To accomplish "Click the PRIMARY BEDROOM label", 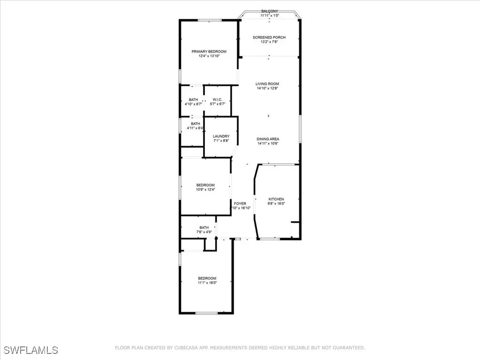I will point(209,52).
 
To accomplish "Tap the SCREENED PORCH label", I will point(269,37).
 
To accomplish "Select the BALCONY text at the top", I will point(270,11).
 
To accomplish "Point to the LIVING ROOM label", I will point(267,84).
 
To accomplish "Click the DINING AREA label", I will point(268,139).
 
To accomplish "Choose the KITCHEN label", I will point(276,199).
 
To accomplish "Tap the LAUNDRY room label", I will point(221,136).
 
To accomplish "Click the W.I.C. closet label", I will point(217,99).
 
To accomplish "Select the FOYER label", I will point(240,203).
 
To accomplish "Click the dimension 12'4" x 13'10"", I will point(209,56).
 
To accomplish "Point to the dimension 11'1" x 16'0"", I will point(207,283).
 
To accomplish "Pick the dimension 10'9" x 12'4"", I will point(205,190).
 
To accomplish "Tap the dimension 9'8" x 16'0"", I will point(276,204).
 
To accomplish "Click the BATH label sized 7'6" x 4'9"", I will point(204,227).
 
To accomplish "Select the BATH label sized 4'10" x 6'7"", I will point(193,99).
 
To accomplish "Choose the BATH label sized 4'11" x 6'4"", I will point(195,124).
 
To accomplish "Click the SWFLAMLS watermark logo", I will point(31,350).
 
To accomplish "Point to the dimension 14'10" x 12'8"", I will point(267,89).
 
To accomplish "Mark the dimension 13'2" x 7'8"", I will point(269,42).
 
